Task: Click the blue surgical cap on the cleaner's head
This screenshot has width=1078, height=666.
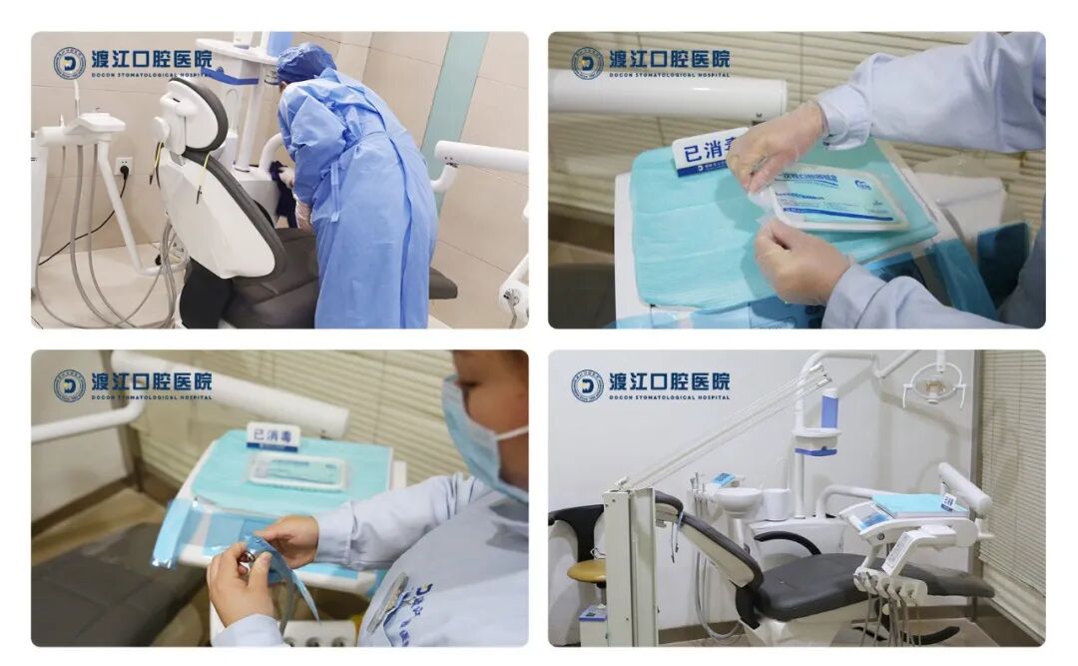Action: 303,63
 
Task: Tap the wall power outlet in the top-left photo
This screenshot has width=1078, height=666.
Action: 123,166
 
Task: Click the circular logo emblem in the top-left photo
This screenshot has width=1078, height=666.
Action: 69,63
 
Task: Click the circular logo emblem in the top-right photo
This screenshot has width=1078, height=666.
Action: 587,63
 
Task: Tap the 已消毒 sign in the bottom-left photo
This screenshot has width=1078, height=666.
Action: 272,437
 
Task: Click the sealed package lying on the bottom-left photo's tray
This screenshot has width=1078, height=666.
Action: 296,470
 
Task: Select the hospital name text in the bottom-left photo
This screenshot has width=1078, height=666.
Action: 151,381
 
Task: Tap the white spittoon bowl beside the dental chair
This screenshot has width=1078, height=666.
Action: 740,497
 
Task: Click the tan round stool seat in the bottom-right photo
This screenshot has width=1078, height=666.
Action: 587,570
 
